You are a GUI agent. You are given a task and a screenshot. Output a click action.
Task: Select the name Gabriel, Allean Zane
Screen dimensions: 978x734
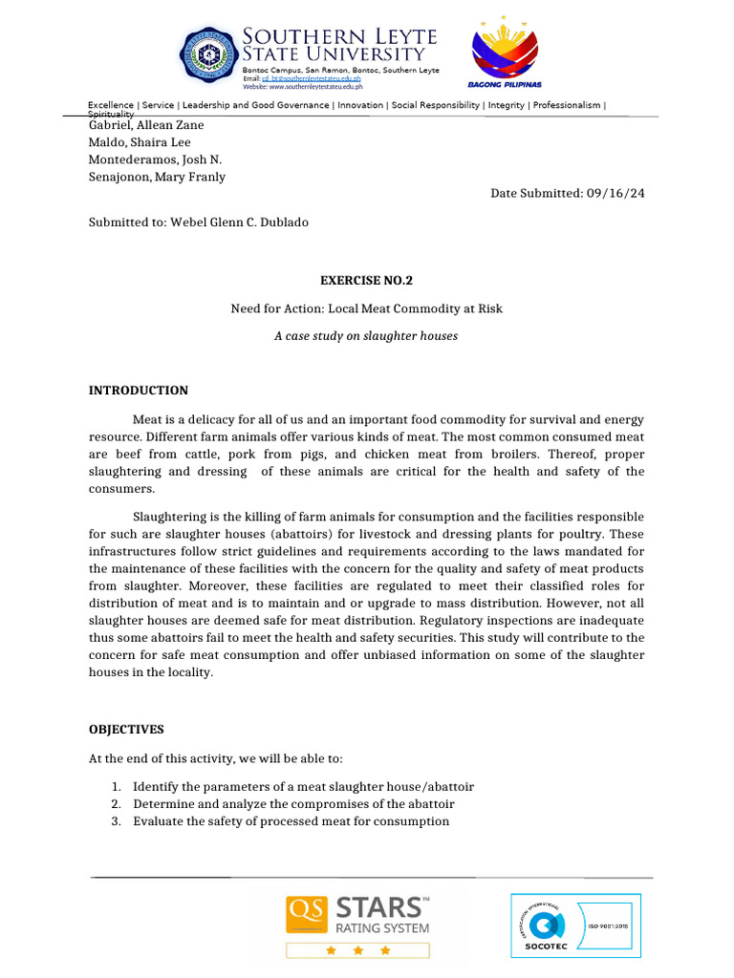(146, 125)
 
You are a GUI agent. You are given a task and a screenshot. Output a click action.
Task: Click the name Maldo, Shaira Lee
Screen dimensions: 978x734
(140, 142)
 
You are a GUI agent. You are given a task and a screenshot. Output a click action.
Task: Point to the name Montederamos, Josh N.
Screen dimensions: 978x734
(155, 159)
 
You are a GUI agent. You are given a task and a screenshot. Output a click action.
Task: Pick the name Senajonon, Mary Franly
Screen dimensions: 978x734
(157, 177)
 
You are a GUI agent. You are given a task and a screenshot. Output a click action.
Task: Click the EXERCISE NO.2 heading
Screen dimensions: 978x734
(366, 281)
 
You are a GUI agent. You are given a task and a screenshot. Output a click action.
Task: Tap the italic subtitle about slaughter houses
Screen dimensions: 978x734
(366, 336)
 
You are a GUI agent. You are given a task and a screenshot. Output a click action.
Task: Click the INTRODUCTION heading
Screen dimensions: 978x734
(139, 391)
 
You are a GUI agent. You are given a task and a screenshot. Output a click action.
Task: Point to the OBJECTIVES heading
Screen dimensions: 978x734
(126, 730)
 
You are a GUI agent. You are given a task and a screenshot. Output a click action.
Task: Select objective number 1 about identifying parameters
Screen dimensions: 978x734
(303, 787)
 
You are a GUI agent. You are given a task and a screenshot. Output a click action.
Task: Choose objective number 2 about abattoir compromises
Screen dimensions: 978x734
(293, 804)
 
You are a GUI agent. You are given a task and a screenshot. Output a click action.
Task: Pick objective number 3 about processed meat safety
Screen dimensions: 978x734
(291, 821)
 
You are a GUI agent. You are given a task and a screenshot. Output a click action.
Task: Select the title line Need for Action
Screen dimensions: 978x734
(366, 308)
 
